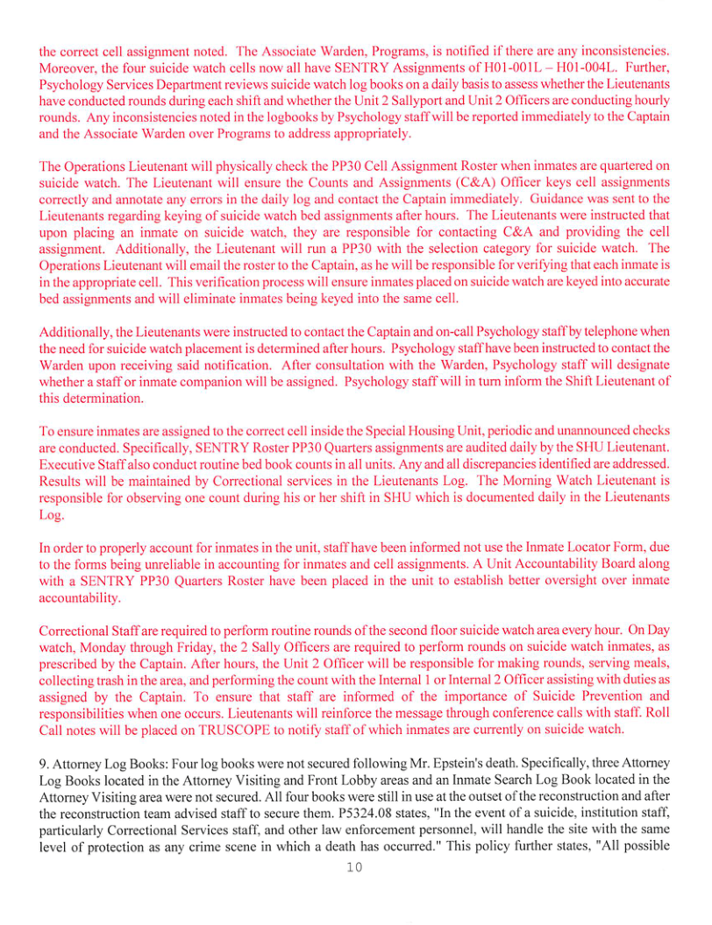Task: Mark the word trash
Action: click(120, 681)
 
